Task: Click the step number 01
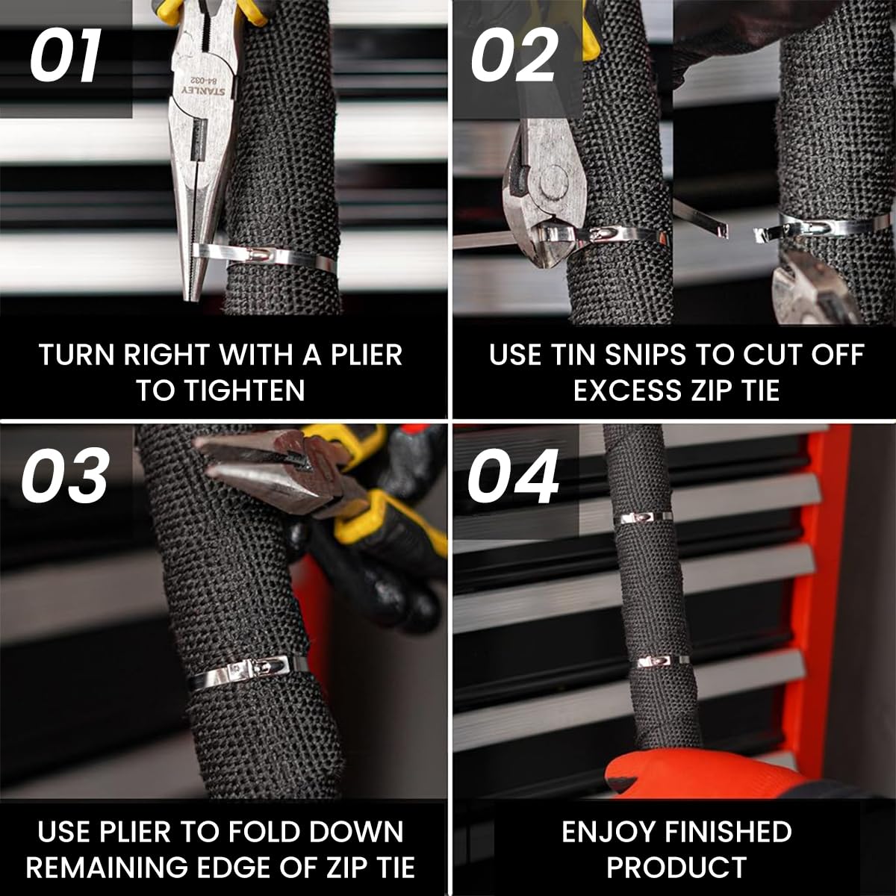click(66, 57)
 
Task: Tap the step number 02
click(514, 55)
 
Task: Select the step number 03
click(65, 475)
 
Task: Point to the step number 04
click(513, 476)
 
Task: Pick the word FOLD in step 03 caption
click(264, 832)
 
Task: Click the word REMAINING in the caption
click(107, 867)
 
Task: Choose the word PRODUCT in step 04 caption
click(676, 867)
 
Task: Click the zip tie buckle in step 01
click(257, 255)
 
